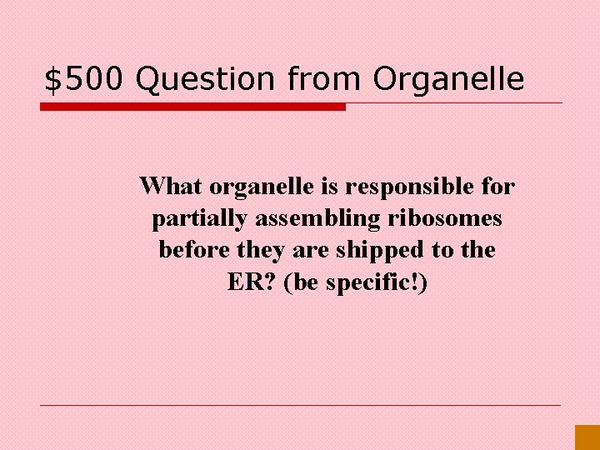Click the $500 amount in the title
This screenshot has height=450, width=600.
[84, 80]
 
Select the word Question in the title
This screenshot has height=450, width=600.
[204, 80]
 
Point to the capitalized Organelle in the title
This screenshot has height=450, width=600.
[449, 80]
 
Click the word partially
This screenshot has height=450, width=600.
[201, 218]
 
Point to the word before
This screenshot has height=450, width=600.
[187, 251]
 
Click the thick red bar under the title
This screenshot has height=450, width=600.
[193, 107]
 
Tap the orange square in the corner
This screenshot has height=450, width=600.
[587, 437]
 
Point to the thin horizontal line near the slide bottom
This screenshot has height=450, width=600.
[300, 405]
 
